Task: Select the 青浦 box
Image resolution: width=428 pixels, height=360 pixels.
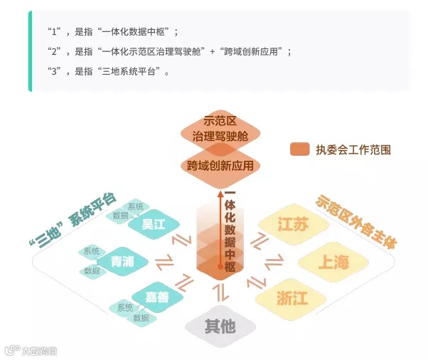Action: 122,262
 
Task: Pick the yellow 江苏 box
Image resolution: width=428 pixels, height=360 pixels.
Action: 294,226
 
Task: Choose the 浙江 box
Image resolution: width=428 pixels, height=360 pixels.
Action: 292,298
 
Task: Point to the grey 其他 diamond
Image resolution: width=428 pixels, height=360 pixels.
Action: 220,327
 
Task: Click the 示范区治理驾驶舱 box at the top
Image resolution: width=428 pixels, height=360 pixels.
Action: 220,129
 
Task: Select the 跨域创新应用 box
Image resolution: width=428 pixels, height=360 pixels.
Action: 220,166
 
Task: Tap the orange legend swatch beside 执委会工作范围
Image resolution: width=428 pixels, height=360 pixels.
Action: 299,149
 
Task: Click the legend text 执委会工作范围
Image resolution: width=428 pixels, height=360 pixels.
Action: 353,149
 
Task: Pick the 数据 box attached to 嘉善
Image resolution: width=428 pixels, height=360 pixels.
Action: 141,318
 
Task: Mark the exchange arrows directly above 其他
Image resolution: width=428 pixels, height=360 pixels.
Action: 220,291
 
